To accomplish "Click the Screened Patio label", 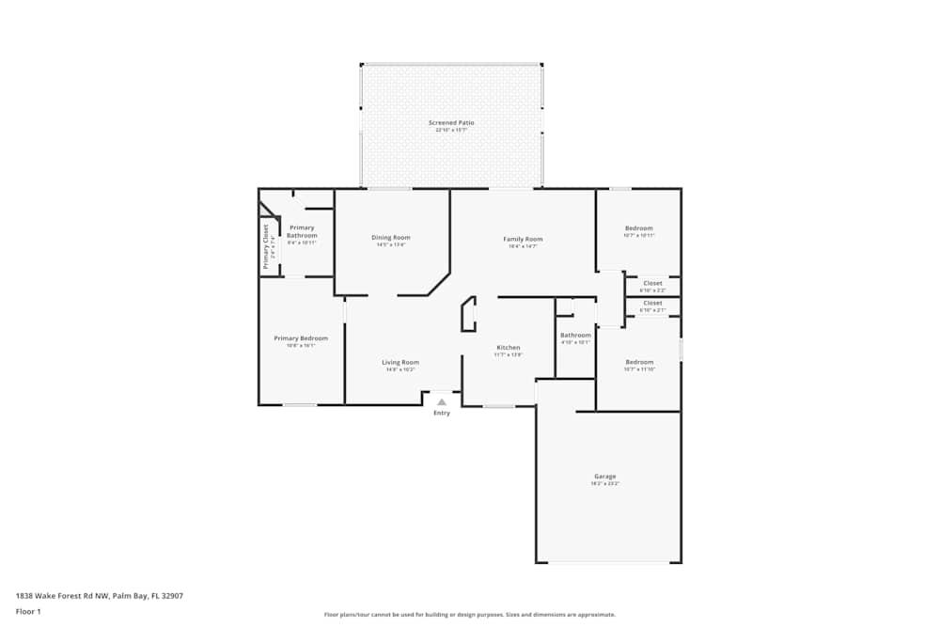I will pyautogui.click(x=451, y=123).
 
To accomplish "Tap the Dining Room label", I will pyautogui.click(x=391, y=238).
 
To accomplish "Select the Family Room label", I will pyautogui.click(x=523, y=239).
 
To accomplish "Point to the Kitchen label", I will pyautogui.click(x=508, y=348).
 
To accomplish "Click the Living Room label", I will pyautogui.click(x=400, y=362).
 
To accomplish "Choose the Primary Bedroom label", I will pyautogui.click(x=301, y=338).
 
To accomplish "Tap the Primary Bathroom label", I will pyautogui.click(x=302, y=231).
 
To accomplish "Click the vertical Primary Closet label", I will pyautogui.click(x=266, y=246).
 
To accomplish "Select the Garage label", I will pyautogui.click(x=604, y=476).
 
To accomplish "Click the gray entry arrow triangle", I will pyautogui.click(x=441, y=401).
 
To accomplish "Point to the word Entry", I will pyautogui.click(x=441, y=414).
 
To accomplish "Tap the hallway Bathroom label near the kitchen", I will pyautogui.click(x=575, y=336).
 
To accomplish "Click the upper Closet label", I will pyautogui.click(x=652, y=283).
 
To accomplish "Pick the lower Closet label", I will pyautogui.click(x=652, y=303).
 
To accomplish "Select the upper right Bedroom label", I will pyautogui.click(x=638, y=228).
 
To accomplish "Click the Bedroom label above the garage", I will pyautogui.click(x=639, y=362).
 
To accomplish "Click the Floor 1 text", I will pyautogui.click(x=28, y=611).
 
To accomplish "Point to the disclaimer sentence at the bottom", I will pyautogui.click(x=470, y=615).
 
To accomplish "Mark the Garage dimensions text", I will pyautogui.click(x=604, y=483).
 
